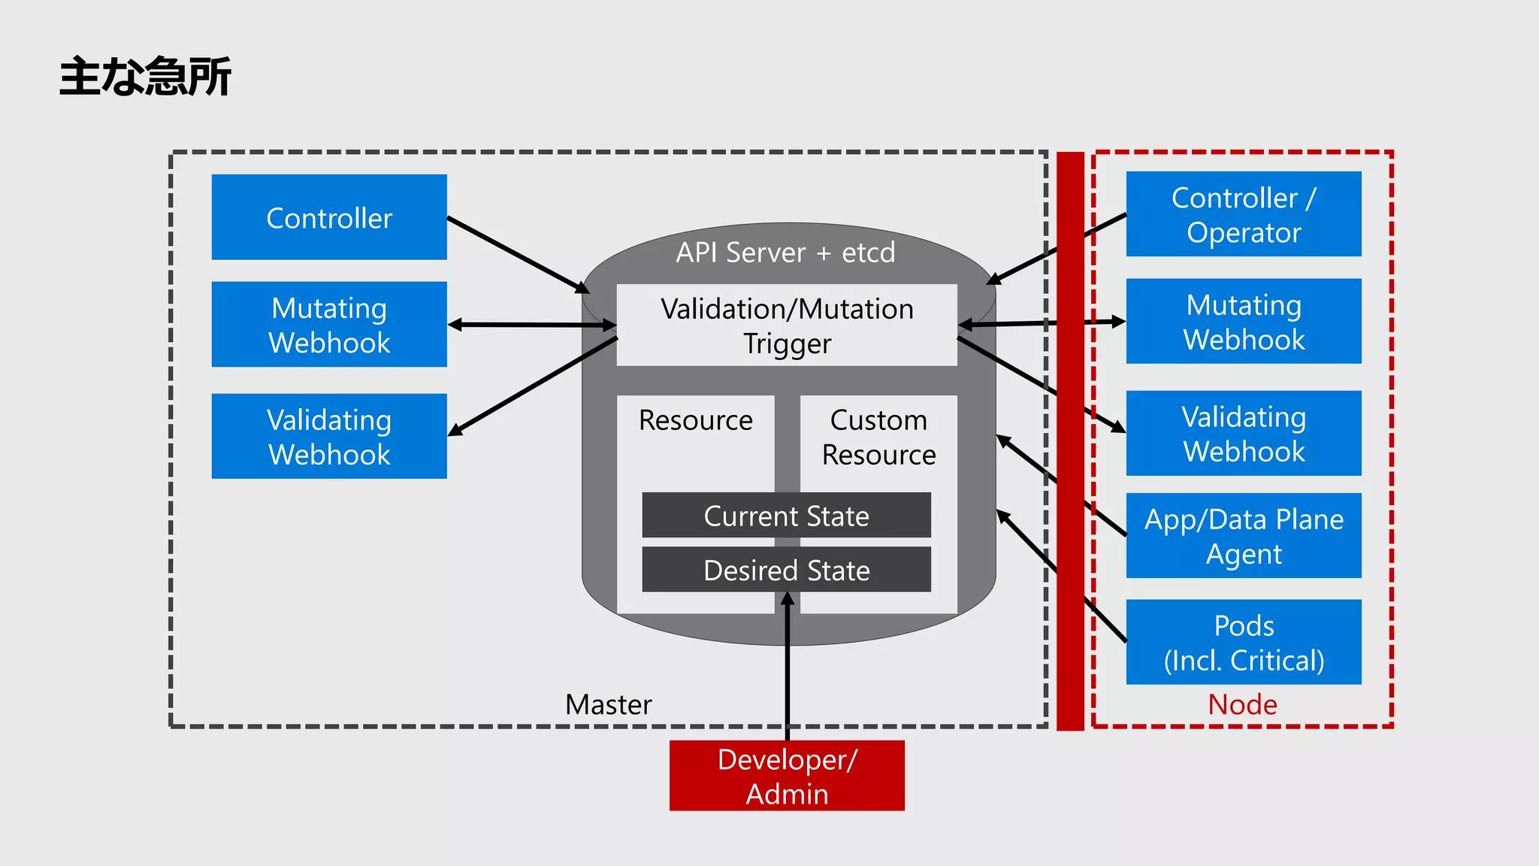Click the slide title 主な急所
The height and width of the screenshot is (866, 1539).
click(145, 77)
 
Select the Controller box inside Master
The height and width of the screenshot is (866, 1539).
click(329, 217)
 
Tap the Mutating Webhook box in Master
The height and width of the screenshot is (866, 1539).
click(329, 325)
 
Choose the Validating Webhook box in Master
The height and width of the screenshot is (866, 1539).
click(329, 436)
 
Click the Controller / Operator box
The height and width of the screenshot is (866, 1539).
click(1244, 214)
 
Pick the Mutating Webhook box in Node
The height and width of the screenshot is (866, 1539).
click(1244, 322)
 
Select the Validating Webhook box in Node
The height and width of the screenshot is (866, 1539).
click(1244, 433)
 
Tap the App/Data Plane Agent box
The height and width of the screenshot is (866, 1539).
click(1244, 536)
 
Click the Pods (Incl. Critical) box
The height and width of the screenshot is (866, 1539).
click(1244, 642)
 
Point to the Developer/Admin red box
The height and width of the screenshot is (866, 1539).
click(787, 776)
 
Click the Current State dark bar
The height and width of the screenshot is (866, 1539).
click(786, 516)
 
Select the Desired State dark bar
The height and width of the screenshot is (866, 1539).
click(786, 570)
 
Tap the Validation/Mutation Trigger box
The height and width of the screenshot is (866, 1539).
click(787, 326)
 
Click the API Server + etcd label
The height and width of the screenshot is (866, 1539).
click(785, 253)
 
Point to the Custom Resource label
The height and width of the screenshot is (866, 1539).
click(878, 437)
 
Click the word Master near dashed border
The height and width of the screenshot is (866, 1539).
click(608, 704)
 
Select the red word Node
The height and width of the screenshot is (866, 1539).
click(1242, 704)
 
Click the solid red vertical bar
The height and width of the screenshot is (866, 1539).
click(1070, 441)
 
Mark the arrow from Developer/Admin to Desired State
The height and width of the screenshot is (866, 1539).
click(788, 677)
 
